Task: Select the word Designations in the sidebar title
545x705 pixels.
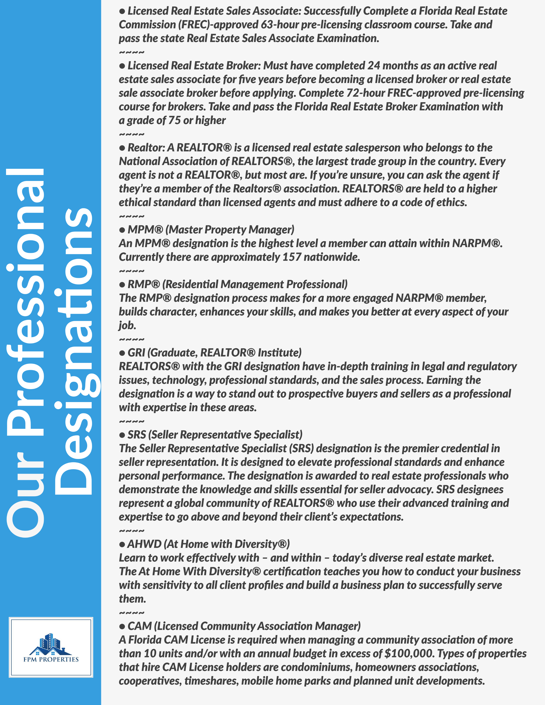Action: point(74,352)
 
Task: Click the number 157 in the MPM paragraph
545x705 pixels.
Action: point(292,257)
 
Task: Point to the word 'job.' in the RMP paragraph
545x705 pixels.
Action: point(127,325)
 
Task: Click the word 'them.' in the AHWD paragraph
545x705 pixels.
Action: point(132,599)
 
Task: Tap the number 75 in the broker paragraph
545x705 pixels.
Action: point(174,120)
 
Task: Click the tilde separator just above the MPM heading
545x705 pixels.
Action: point(132,216)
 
